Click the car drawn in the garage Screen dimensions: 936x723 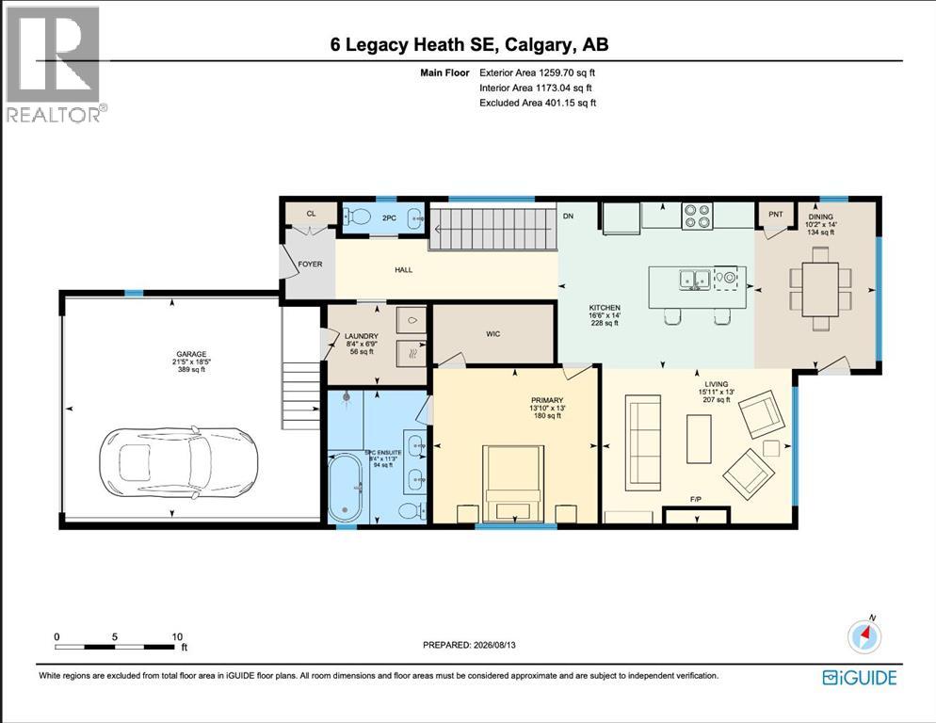coord(179,462)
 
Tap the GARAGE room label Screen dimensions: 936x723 coord(191,354)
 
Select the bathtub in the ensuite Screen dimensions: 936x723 coord(345,488)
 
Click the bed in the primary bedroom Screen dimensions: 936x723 coord(513,484)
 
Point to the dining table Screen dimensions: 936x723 coord(820,289)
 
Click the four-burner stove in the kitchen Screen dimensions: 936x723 coord(697,217)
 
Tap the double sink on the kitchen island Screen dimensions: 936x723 coord(694,279)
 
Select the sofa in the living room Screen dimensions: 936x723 coord(643,442)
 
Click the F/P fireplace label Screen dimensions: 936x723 coord(696,499)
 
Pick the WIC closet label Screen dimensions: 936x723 coord(493,334)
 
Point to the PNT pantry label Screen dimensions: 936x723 coord(775,214)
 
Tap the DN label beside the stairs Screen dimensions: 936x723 coord(569,217)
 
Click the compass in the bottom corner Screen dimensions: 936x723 coord(863,636)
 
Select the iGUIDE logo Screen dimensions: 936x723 coord(860,678)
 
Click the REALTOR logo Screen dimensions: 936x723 coord(55,63)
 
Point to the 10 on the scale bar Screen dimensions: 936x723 coord(177,636)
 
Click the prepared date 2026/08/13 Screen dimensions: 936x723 coord(494,645)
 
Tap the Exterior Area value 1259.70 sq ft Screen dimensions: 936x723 coord(567,72)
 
